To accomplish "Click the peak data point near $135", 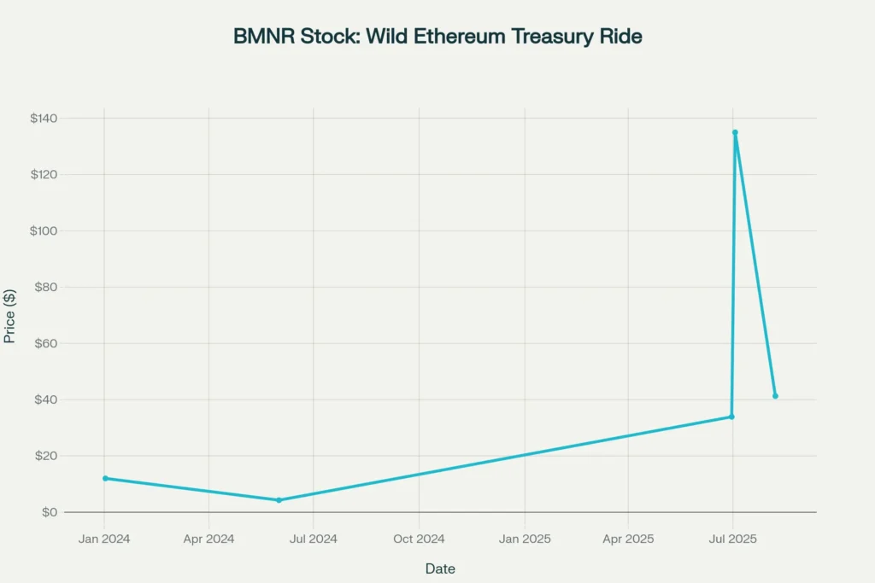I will tap(735, 132).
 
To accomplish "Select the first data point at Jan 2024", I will tap(105, 478).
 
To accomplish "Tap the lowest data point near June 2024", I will tap(279, 500).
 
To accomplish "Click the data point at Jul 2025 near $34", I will tap(731, 417).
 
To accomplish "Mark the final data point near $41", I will tap(775, 396).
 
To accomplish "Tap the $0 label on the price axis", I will tap(49, 512).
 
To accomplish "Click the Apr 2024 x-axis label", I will tap(208, 539).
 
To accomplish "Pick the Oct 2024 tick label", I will tap(419, 539).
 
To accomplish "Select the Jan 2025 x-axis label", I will tap(525, 539).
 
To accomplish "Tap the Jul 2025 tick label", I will tap(733, 539).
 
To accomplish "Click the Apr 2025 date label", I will tap(628, 539).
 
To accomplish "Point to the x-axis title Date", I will tap(440, 568).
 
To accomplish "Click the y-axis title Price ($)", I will tap(10, 316).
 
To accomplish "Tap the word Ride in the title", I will tap(620, 37).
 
